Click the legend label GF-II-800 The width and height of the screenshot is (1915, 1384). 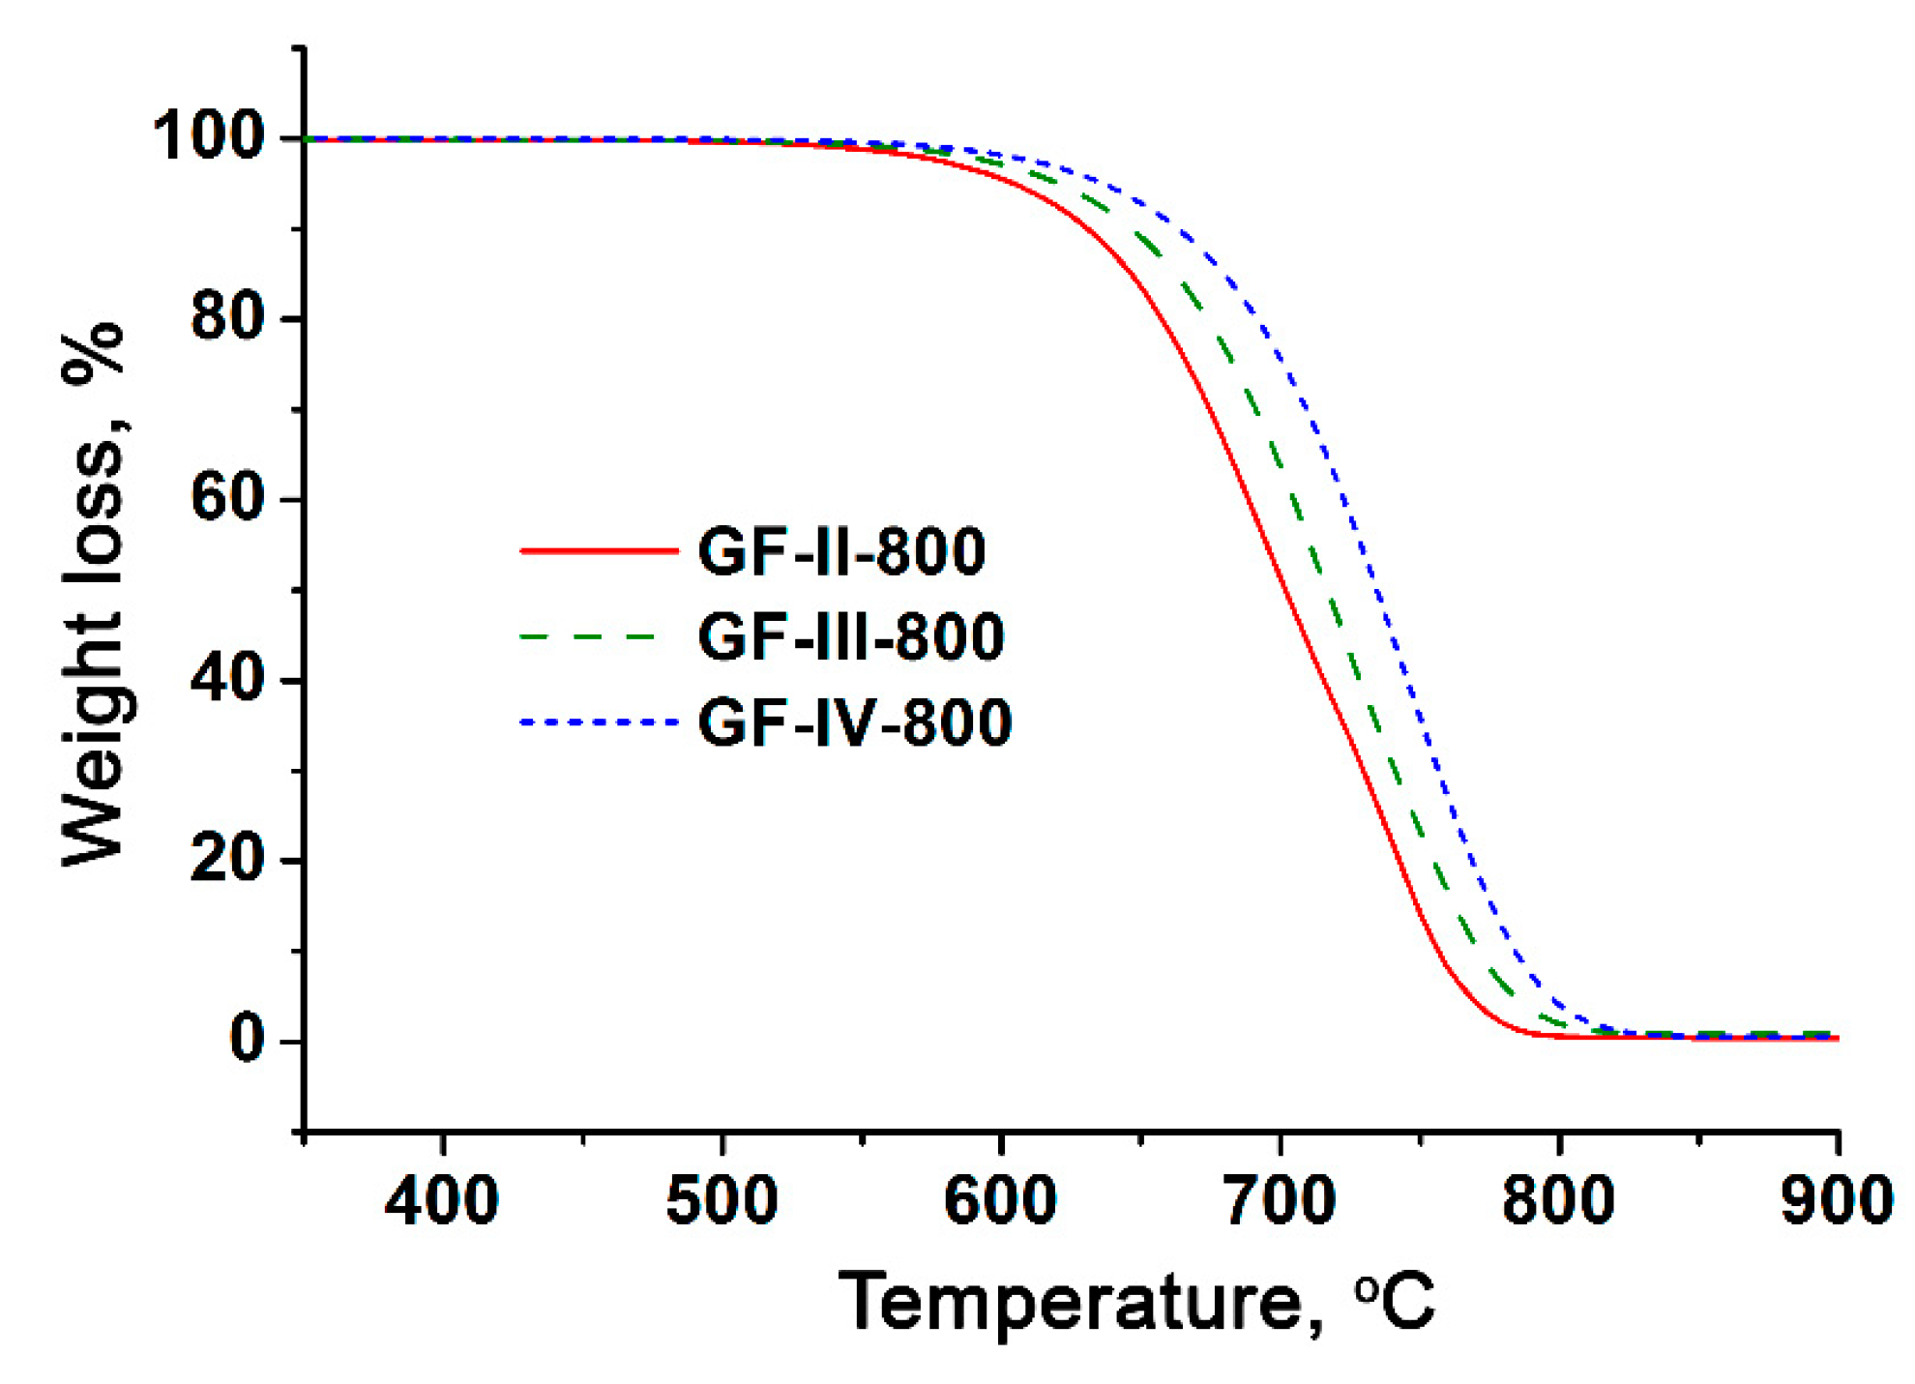pos(840,552)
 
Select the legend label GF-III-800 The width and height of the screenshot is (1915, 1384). pos(850,637)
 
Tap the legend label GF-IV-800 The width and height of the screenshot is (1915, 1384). pos(854,722)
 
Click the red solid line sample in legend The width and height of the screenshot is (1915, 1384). pos(599,551)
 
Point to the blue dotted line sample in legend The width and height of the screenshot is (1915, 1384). pos(599,722)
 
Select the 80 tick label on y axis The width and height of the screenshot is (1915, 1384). pos(227,316)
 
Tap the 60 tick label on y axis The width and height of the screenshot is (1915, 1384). pos(227,498)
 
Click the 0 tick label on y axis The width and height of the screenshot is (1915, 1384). pos(247,1040)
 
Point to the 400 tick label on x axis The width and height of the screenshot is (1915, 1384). pos(442,1200)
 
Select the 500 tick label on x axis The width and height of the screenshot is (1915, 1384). pos(722,1200)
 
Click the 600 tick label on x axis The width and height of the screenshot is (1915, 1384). pos(1000,1200)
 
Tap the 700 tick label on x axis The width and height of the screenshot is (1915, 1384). pos(1280,1200)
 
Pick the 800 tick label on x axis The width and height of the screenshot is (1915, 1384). pos(1558,1200)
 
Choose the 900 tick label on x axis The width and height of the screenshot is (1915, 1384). pos(1836,1200)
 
